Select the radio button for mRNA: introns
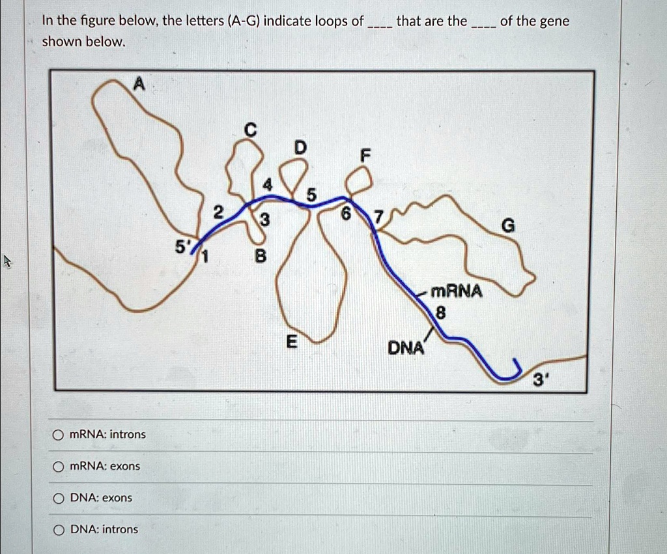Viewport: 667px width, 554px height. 58,435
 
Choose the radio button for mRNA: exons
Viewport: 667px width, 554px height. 58,467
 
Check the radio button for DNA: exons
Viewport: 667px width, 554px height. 58,498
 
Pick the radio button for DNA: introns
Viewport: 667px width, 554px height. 58,530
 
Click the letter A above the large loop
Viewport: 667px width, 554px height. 138,83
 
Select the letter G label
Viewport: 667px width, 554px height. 509,226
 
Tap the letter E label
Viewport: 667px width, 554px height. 291,342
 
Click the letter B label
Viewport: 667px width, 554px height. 260,257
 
